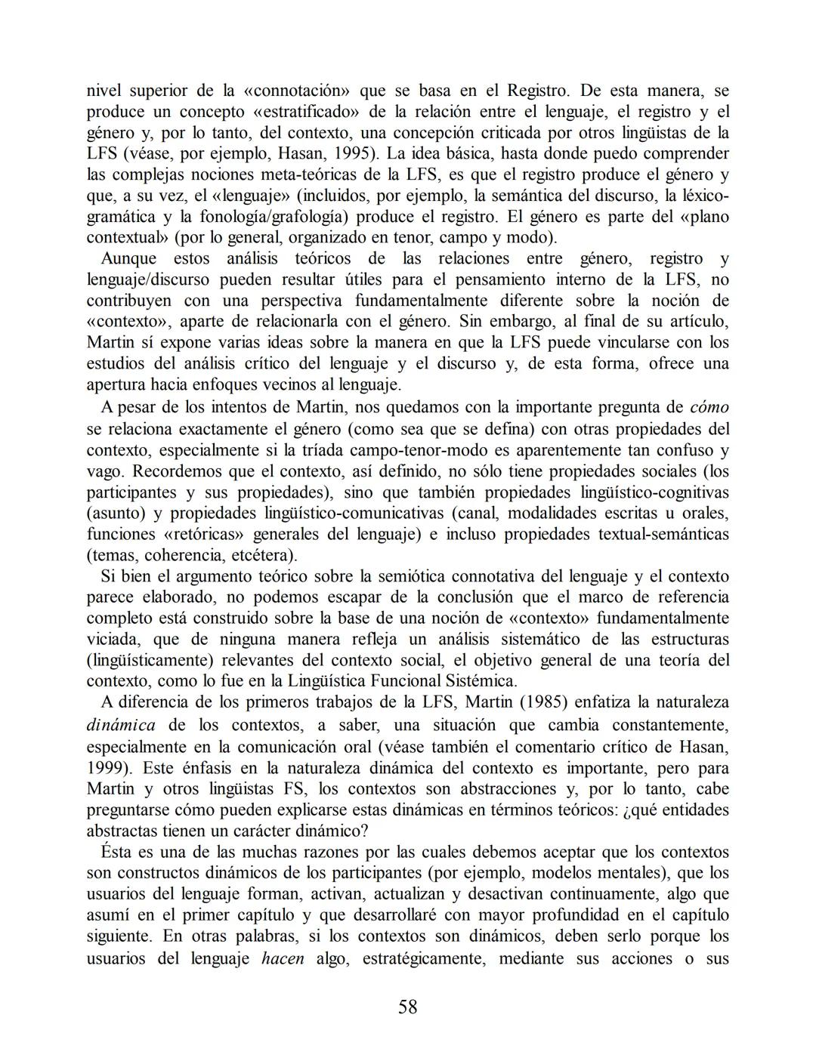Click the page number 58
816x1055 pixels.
pyautogui.click(x=407, y=1007)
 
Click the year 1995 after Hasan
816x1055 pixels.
pyautogui.click(x=355, y=154)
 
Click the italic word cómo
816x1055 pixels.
pyautogui.click(x=709, y=408)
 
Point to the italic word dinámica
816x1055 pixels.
pyautogui.click(x=121, y=725)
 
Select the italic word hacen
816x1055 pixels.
pyautogui.click(x=283, y=959)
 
